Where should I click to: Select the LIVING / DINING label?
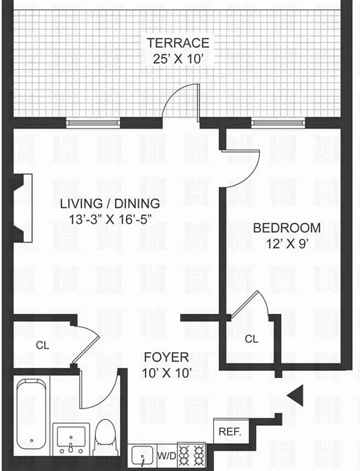click(x=110, y=204)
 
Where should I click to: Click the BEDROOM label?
click(x=286, y=228)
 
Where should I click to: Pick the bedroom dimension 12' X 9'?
click(x=286, y=243)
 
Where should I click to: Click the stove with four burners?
click(x=191, y=455)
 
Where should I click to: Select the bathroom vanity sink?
click(x=70, y=438)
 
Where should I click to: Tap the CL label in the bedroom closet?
click(x=251, y=339)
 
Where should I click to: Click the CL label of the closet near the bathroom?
click(x=42, y=346)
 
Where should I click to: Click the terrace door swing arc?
click(x=180, y=100)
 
